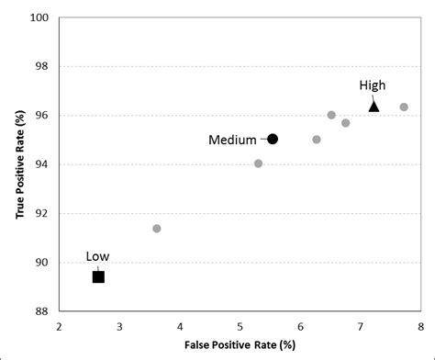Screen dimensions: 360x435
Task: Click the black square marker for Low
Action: pyautogui.click(x=98, y=276)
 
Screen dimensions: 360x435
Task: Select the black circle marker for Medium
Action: pyautogui.click(x=273, y=139)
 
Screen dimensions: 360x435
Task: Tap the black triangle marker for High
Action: pyautogui.click(x=374, y=107)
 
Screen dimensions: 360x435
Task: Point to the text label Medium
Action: pyautogui.click(x=232, y=140)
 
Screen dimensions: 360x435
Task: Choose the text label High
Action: pyautogui.click(x=372, y=85)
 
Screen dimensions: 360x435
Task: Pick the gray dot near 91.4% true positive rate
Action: pyautogui.click(x=157, y=228)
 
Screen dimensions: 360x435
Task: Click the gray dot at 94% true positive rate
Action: pyautogui.click(x=258, y=163)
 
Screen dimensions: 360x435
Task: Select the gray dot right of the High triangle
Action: pyautogui.click(x=404, y=107)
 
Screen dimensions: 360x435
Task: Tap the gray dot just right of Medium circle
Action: pyautogui.click(x=317, y=140)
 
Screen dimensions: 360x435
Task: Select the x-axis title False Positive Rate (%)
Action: pyautogui.click(x=239, y=344)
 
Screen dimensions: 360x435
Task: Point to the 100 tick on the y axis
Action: pyautogui.click(x=40, y=17)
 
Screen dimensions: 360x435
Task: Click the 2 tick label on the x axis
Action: pyautogui.click(x=60, y=326)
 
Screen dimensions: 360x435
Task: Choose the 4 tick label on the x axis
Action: pyautogui.click(x=180, y=326)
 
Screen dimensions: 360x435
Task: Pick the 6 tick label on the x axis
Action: pyautogui.click(x=300, y=326)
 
